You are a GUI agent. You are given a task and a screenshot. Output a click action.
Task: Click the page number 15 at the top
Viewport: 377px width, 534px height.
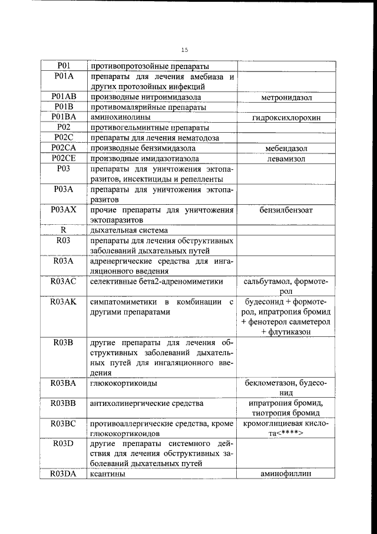pos(185,50)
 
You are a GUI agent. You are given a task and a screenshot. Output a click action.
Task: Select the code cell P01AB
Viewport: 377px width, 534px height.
pos(64,96)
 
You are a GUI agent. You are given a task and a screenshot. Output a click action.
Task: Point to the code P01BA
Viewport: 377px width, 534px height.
pos(64,117)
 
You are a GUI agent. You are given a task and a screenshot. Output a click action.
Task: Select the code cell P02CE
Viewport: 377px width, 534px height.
pos(64,158)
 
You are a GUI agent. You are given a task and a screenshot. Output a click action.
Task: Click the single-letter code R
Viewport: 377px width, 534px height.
pos(64,230)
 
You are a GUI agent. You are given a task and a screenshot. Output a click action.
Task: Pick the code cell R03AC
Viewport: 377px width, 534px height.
pos(64,281)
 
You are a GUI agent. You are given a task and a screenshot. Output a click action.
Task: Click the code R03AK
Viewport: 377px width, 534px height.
pos(64,302)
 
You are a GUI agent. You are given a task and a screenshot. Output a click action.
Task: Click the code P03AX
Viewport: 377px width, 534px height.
pos(64,209)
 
